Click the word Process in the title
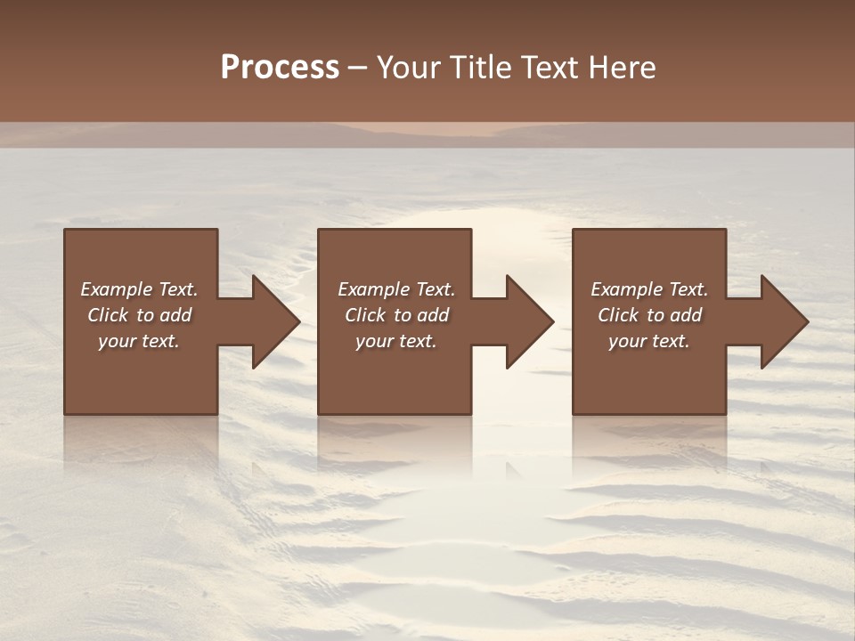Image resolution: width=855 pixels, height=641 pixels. pos(280,68)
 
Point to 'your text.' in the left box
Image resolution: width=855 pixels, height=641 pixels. pos(139,341)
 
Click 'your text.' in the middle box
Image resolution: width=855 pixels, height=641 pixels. pos(396,341)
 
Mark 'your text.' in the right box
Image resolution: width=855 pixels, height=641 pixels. pos(649,341)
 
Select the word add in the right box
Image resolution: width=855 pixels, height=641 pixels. pos(687,315)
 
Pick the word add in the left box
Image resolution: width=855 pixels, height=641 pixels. pos(176,315)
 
